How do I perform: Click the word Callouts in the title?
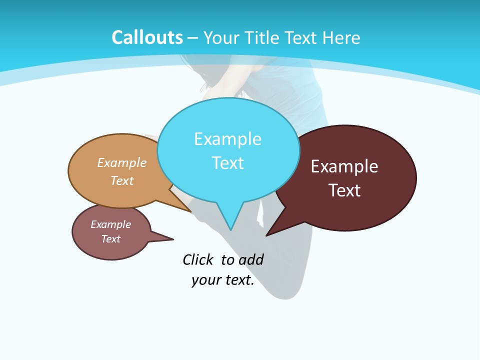click(x=147, y=37)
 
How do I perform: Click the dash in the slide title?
click(x=193, y=38)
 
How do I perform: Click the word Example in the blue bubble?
click(x=227, y=139)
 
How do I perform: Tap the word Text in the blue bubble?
click(x=227, y=163)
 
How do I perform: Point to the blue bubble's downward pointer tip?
click(x=231, y=229)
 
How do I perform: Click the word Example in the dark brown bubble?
click(x=344, y=166)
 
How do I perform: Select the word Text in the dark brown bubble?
click(x=344, y=190)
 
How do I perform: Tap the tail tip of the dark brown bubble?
click(x=267, y=235)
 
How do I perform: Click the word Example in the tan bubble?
click(x=122, y=162)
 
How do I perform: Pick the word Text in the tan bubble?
click(x=122, y=180)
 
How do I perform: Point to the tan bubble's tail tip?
click(x=190, y=211)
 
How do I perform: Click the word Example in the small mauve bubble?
click(x=110, y=224)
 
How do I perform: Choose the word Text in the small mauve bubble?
click(x=110, y=239)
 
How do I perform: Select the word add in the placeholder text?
click(x=251, y=259)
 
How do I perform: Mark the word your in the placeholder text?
click(x=205, y=280)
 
